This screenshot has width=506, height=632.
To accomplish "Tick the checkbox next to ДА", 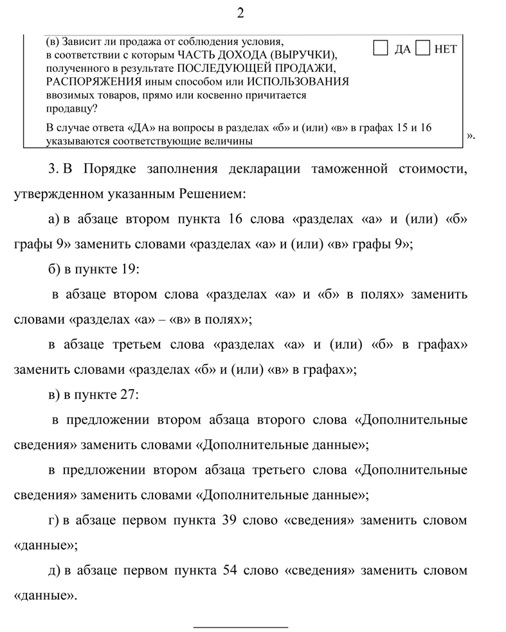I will pyautogui.click(x=380, y=48).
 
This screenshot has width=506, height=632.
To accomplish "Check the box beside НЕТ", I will pyautogui.click(x=423, y=48).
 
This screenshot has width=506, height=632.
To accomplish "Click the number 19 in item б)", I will pyautogui.click(x=127, y=269).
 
